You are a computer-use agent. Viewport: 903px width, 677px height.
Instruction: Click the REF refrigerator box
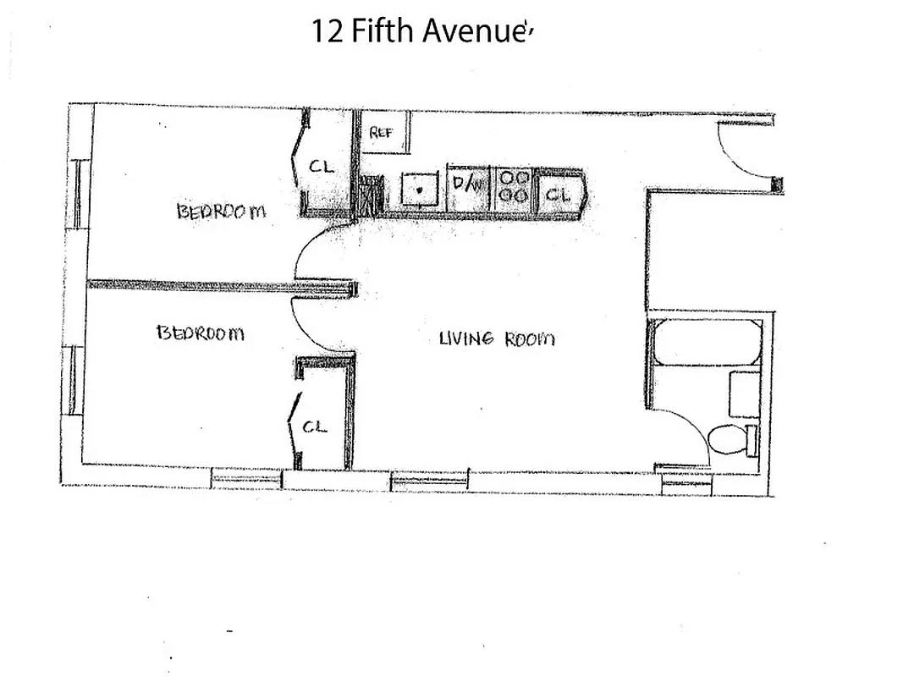(386, 133)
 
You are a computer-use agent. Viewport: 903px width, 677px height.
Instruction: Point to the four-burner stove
(514, 186)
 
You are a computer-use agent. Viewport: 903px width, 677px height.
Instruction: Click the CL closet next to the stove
(559, 194)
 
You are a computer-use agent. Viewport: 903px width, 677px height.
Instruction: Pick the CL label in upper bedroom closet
(321, 167)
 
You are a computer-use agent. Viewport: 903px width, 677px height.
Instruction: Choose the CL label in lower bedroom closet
(315, 427)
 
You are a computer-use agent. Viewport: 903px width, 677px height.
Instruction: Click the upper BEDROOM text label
(221, 211)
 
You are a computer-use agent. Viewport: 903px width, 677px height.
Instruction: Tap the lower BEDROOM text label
(200, 333)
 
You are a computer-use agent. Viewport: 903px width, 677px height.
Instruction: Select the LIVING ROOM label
(497, 338)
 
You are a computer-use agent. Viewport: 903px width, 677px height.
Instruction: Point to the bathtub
(707, 343)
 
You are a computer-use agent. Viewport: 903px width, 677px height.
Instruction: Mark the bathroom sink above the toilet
(745, 394)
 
